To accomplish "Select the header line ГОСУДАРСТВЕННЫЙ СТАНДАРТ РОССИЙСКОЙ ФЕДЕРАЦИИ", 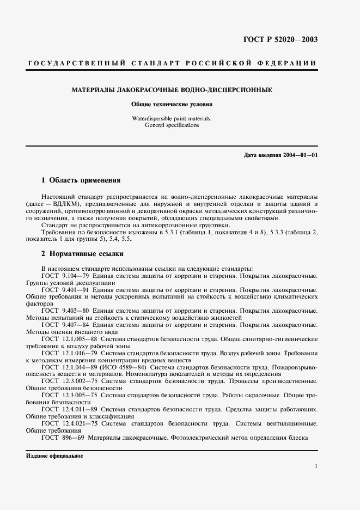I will pos(172,63).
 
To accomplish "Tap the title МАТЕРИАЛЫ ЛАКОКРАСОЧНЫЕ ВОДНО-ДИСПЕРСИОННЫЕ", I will pos(172,89).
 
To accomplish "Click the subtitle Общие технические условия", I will pos(172,104).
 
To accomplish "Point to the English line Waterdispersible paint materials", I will pos(172,118).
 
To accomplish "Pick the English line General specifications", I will pos(172,125).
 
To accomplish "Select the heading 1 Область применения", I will pos(81,180).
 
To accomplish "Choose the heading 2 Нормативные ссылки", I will pos(83,253).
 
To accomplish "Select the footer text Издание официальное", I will pos(54,455).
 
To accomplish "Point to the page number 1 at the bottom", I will pos(316,466).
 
